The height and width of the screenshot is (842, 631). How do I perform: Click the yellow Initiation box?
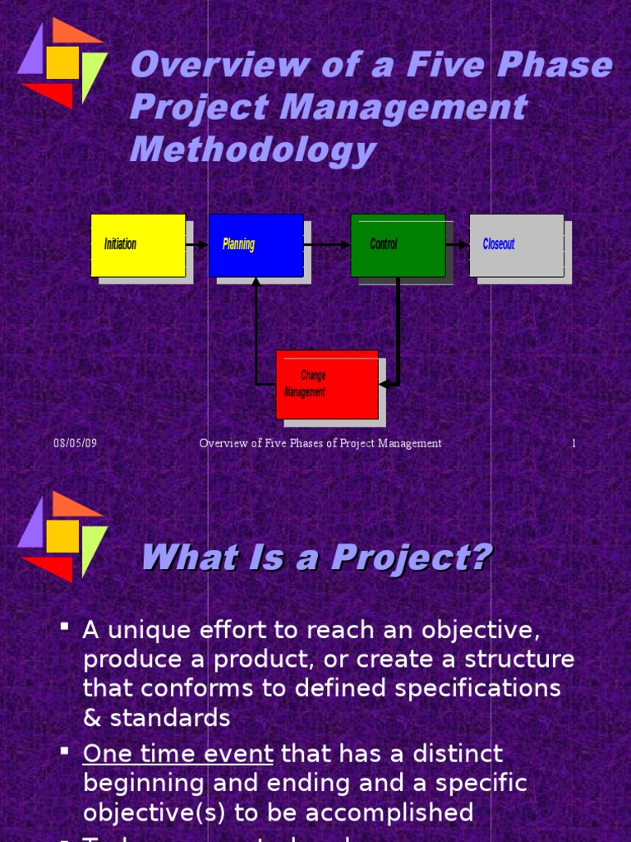coord(137,245)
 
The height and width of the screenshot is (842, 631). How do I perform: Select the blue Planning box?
coord(256,245)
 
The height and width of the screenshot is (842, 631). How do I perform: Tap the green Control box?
coord(398,245)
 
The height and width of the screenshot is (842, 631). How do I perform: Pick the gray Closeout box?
coord(516,245)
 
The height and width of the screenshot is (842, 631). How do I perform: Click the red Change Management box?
coord(326,384)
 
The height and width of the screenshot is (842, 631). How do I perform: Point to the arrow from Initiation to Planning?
coord(196,245)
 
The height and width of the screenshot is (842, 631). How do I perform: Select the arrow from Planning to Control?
coord(327,245)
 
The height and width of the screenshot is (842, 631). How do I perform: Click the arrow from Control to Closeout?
coord(457,245)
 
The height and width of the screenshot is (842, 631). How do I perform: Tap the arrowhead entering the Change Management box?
coord(385,384)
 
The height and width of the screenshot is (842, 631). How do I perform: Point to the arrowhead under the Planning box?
coord(256,283)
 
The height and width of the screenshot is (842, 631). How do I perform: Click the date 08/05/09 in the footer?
coord(76,443)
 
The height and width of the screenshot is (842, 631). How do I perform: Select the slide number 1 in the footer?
coord(573,443)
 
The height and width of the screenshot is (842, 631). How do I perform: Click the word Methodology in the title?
coord(252,150)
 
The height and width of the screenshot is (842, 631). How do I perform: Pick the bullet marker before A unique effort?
coord(64,629)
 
